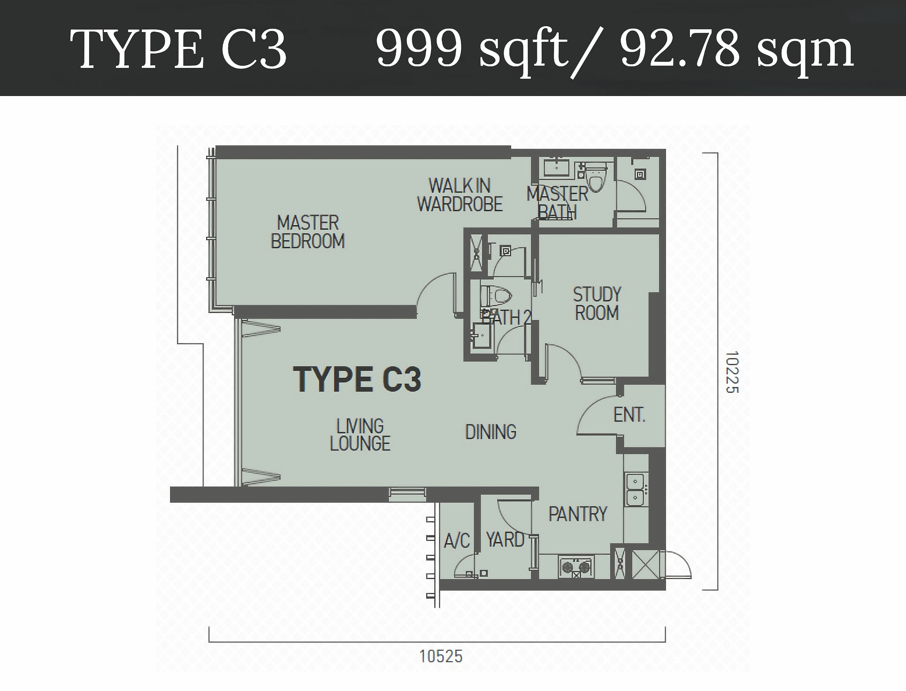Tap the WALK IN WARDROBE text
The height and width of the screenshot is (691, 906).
(460, 195)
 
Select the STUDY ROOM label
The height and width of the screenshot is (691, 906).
(597, 304)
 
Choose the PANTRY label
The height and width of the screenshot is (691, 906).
(578, 514)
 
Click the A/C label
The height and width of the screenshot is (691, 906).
(457, 541)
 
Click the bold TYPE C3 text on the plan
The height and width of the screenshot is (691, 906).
(357, 379)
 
